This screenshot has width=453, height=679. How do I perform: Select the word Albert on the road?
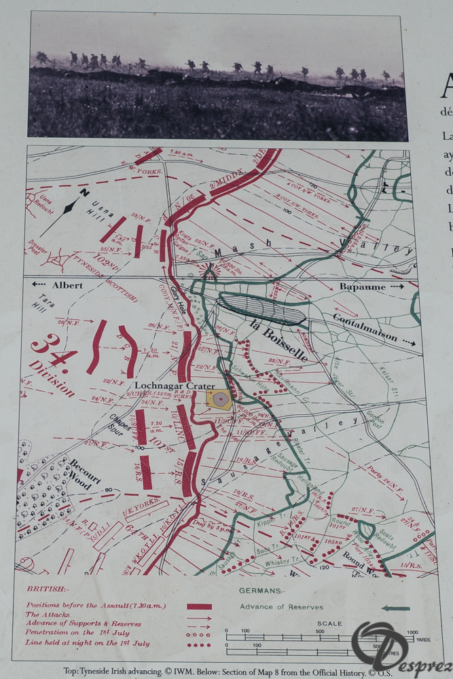[x=67, y=285]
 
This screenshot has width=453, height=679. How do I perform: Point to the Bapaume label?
[x=362, y=287]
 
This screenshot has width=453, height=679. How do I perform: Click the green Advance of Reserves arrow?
[x=395, y=608]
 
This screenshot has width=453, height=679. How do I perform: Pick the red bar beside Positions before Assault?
[x=199, y=606]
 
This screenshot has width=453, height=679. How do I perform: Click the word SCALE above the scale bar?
[x=329, y=623]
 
